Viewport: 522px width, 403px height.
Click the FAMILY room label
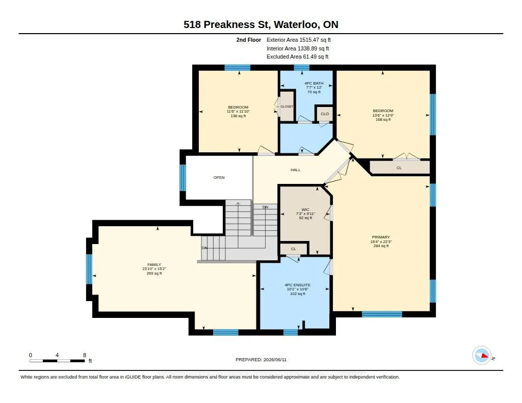tap(154, 264)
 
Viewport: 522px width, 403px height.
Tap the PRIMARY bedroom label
tap(381, 237)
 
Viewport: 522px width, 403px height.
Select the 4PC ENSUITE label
tap(298, 285)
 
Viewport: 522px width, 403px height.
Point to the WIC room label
tap(305, 210)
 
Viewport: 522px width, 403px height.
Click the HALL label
tap(295, 170)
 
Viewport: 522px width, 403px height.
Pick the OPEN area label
tap(219, 177)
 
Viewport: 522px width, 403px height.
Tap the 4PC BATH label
tap(314, 83)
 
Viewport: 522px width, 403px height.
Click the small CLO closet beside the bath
tap(325, 114)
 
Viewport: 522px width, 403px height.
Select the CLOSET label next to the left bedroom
tap(287, 106)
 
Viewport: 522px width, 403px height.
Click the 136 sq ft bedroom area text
tap(239, 116)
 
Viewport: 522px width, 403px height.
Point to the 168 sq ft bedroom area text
tap(383, 119)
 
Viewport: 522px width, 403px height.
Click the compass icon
tap(482, 356)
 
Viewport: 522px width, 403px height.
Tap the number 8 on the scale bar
tap(85, 355)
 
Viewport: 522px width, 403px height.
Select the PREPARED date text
tap(261, 359)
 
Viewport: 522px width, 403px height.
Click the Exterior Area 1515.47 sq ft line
tap(299, 40)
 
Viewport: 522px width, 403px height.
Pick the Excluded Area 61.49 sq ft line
tap(298, 57)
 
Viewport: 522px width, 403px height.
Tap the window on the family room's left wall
tap(89, 269)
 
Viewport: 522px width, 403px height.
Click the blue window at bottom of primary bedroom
tap(382, 314)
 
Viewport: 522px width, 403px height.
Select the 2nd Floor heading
tap(249, 40)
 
